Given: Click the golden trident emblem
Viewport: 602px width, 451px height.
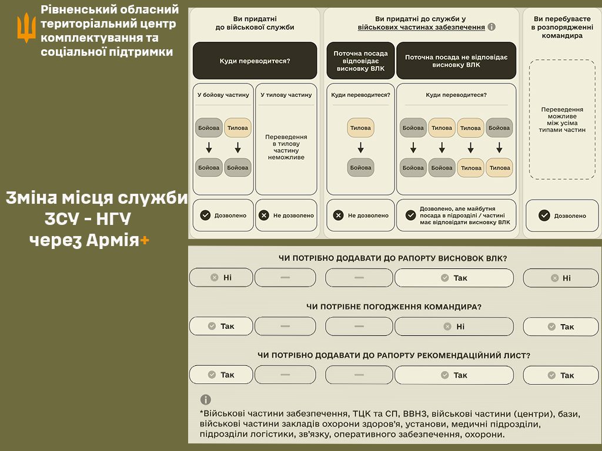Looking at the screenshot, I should tap(26, 28).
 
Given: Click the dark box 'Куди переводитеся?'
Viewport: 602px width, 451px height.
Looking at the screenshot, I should tap(255, 60).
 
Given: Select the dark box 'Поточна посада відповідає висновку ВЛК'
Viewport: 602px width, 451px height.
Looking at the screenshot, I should tap(360, 60).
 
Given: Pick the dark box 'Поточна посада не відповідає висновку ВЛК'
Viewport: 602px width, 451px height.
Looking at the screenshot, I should tap(456, 60).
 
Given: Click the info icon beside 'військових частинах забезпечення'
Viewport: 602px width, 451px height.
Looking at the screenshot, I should tap(491, 27).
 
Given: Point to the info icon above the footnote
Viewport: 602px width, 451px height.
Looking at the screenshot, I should tap(205, 399).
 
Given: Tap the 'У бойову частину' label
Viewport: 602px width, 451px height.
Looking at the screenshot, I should tap(223, 95).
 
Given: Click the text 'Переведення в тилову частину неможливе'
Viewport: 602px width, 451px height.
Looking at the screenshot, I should tap(286, 147).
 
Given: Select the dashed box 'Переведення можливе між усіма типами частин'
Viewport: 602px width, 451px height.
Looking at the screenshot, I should tap(562, 119).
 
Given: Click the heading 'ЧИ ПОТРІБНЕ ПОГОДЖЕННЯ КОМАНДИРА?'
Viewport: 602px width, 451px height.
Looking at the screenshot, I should tap(394, 307).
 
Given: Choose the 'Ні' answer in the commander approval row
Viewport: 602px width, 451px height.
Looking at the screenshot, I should tap(454, 327).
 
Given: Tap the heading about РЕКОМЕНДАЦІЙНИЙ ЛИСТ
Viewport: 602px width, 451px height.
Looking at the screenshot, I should tap(394, 355).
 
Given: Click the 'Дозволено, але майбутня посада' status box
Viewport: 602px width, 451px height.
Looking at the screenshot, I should tap(456, 216).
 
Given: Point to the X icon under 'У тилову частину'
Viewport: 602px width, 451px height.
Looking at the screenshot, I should tap(264, 216).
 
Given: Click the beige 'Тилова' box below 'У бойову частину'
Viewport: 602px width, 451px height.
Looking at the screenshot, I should tap(238, 128).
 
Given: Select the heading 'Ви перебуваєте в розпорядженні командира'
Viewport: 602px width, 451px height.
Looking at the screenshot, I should tap(562, 27).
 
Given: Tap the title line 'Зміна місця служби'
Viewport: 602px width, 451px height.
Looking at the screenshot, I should tap(97, 198).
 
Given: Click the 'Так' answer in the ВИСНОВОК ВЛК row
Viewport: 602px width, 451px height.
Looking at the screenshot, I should tap(454, 278).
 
